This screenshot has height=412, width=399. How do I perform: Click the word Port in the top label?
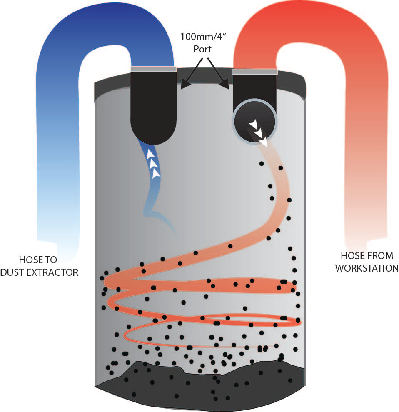[202, 49]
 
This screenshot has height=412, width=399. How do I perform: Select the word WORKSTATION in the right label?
[367, 268]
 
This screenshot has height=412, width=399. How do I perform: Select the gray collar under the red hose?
[254, 72]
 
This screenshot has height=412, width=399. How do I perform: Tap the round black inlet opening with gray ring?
[254, 121]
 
